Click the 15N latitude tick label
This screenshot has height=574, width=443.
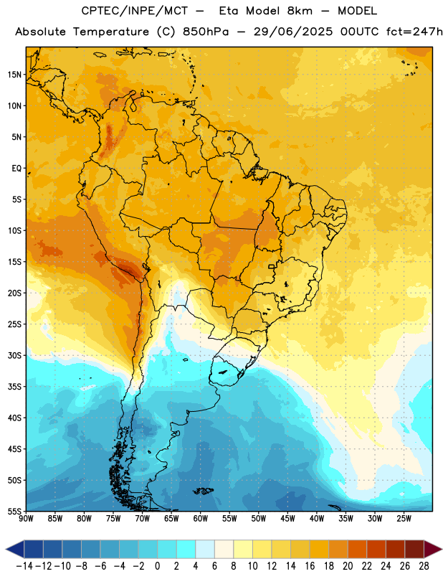coord(14,75)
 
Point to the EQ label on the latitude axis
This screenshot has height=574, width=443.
coord(16,169)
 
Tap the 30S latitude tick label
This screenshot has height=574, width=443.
coord(14,355)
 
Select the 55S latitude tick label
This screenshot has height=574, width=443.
coord(14,512)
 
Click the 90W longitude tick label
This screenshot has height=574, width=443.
coord(26,519)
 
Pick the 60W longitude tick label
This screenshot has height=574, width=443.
coord(201,519)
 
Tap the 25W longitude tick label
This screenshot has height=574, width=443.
coord(404,519)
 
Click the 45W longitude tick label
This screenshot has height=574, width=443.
coord(288,519)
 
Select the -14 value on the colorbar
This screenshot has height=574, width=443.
coord(24,566)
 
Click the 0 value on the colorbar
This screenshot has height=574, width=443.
coord(158,566)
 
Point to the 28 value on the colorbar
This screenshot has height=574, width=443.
coord(424,566)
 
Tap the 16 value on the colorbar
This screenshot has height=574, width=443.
coord(310,566)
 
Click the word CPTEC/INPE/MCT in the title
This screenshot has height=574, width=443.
coord(135,11)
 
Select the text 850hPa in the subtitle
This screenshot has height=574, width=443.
coord(206,32)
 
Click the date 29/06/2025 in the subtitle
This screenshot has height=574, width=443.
coord(293,32)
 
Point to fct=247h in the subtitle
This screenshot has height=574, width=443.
coord(415,32)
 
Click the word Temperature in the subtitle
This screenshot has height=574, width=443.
coord(111,32)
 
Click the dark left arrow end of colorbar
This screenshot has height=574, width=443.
coord(14,549)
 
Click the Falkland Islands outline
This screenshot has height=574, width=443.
coord(203,491)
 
